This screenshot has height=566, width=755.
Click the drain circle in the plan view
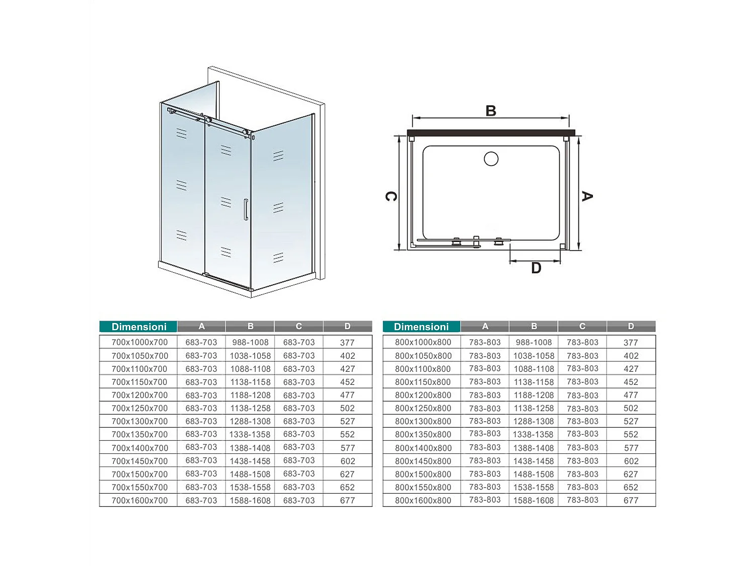[x=491, y=159]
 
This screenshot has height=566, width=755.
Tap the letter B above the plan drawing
[x=491, y=111]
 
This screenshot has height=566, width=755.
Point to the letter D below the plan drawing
[x=536, y=268]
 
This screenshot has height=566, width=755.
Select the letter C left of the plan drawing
[x=391, y=196]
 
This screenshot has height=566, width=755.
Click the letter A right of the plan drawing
[x=587, y=196]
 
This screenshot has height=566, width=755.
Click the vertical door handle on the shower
[x=246, y=209]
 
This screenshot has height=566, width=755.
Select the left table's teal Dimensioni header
[x=139, y=327]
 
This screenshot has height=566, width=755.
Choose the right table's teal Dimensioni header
[x=421, y=327]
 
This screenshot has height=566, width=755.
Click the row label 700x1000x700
[x=139, y=342]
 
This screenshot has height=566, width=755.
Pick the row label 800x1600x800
[x=423, y=501]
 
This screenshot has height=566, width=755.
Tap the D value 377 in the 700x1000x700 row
[x=347, y=343]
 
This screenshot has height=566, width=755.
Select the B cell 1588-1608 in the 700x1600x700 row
[x=250, y=501]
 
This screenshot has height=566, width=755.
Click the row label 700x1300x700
[x=139, y=422]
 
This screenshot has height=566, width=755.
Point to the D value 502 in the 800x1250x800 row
[x=631, y=409]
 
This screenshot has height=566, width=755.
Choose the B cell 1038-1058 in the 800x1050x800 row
[x=534, y=356]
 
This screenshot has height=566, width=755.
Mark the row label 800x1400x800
[x=423, y=448]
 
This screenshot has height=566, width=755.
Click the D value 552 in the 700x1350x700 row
[x=347, y=435]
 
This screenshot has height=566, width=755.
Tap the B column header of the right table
[x=534, y=327]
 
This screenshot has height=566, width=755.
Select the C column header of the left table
[x=299, y=327]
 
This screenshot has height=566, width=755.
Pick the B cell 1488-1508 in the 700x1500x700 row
[x=250, y=474]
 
